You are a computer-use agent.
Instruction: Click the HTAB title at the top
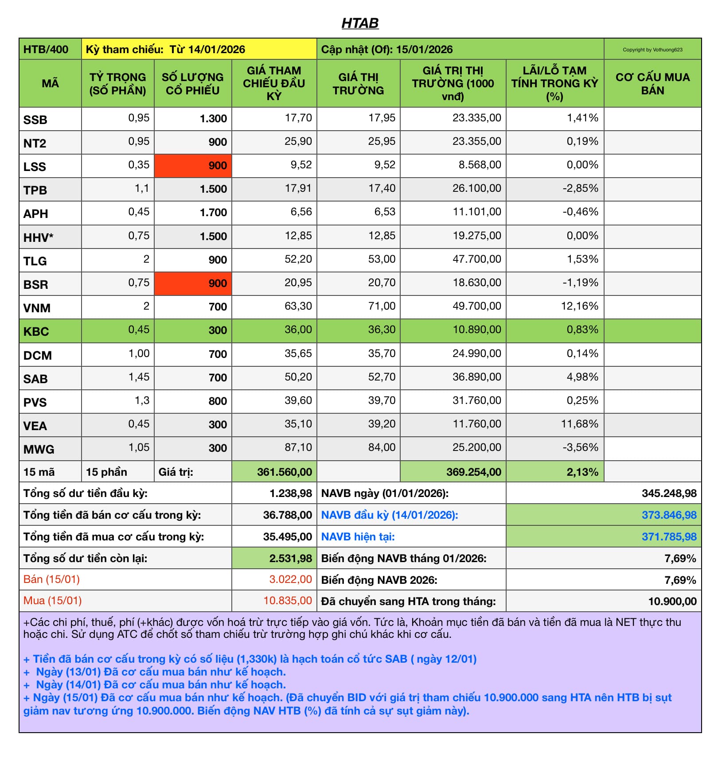360,23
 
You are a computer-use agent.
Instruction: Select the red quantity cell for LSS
193,166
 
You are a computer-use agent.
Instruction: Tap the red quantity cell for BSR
193,283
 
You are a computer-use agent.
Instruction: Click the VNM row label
37,308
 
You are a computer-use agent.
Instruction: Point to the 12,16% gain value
579,306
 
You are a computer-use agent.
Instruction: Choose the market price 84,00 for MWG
382,447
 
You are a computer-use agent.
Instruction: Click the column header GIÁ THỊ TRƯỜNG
358,84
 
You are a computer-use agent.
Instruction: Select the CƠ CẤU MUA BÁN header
652,84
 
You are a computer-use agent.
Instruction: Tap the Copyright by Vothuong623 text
652,50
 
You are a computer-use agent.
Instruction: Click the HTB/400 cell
46,49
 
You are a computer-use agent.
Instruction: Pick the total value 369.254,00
473,472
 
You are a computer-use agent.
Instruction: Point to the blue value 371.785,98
669,537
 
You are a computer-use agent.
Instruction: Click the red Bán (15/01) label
51,579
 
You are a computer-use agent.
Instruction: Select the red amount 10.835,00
288,601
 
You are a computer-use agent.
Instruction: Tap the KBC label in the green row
36,331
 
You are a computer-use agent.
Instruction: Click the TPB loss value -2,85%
580,188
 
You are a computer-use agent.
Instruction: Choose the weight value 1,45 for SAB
139,377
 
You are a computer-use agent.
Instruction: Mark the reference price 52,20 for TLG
298,259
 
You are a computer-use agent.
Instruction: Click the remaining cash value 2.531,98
290,559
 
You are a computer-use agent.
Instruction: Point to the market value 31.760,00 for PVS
476,400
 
